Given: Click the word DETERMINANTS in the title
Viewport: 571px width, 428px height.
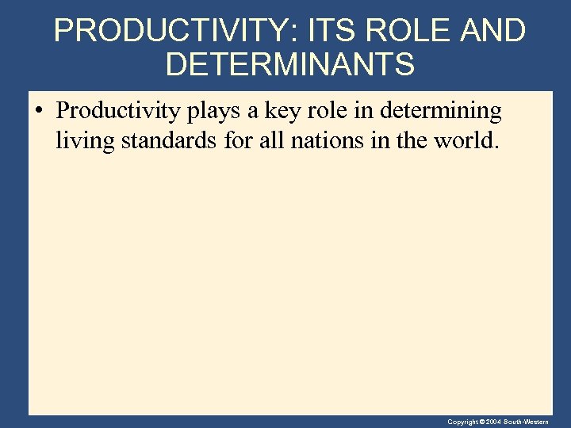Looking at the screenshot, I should [x=289, y=65].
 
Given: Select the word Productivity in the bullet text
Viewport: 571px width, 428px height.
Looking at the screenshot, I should [x=119, y=113].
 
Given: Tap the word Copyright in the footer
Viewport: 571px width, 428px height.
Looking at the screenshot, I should [x=462, y=422].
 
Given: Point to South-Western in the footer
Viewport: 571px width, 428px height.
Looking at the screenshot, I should [x=531, y=422].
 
